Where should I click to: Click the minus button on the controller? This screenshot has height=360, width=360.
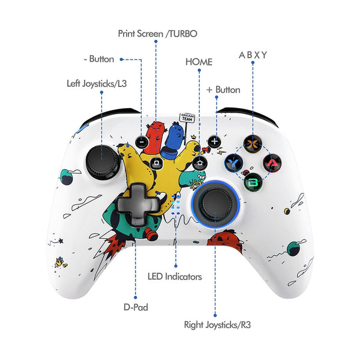142,143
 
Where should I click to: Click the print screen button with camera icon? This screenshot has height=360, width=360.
157,162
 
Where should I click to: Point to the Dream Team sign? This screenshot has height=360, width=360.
188,118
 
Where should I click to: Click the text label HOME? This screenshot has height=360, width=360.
199,62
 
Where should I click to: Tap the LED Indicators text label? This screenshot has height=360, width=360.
175,277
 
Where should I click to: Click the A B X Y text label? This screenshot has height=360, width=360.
253,55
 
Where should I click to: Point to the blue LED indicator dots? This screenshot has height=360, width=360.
176,206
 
